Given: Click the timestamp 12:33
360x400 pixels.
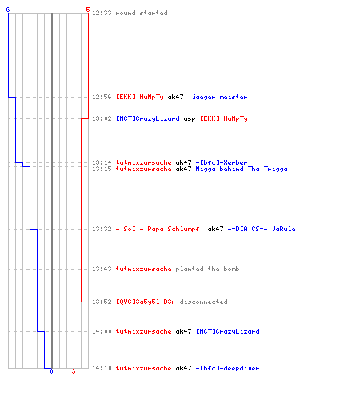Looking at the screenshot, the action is [102, 13].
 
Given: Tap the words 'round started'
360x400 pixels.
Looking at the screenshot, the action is [142, 13].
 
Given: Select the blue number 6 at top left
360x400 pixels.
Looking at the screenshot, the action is [8, 10].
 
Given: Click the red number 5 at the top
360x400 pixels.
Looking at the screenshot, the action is [88, 10].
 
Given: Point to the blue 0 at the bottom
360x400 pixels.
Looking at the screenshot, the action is [51, 371].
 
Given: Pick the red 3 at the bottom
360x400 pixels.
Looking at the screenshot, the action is [74, 371].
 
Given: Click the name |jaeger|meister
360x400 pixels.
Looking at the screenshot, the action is [218, 97].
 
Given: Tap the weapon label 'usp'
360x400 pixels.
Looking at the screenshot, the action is [190, 119].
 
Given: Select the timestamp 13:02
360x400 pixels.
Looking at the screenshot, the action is [102, 118].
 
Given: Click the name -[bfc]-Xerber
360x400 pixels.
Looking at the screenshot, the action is [222, 162].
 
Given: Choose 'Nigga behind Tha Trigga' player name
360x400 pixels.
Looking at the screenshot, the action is [242, 169].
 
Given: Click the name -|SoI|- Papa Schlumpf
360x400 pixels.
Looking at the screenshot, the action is [158, 229].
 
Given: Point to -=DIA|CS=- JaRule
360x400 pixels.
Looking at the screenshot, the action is [262, 229].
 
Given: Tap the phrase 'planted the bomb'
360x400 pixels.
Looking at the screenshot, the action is [207, 269].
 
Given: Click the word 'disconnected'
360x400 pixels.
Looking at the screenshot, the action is [203, 302].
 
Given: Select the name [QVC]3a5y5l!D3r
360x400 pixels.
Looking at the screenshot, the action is [146, 302].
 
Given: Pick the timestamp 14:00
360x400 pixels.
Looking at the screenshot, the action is [102, 331].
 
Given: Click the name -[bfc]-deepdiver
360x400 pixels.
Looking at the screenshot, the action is [227, 368].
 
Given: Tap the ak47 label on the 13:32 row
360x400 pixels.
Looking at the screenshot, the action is [215, 229].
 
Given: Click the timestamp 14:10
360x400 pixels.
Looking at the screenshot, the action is [102, 368].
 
